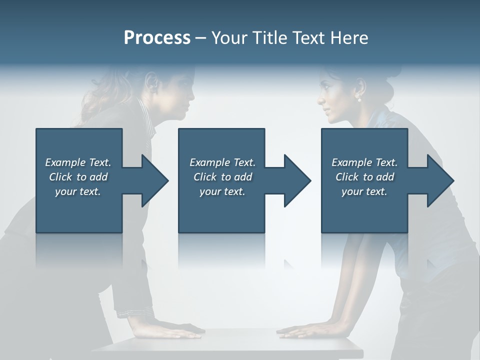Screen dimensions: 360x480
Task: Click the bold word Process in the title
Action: click(x=157, y=38)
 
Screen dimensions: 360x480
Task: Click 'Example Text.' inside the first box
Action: click(x=78, y=162)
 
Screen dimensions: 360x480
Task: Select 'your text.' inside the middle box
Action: click(x=222, y=191)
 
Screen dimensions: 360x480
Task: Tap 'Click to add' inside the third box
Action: click(x=364, y=177)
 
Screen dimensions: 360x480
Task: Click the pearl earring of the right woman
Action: click(x=358, y=99)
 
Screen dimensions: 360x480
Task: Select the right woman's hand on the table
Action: click(x=300, y=330)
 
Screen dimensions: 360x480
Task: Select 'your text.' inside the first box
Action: click(x=78, y=191)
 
